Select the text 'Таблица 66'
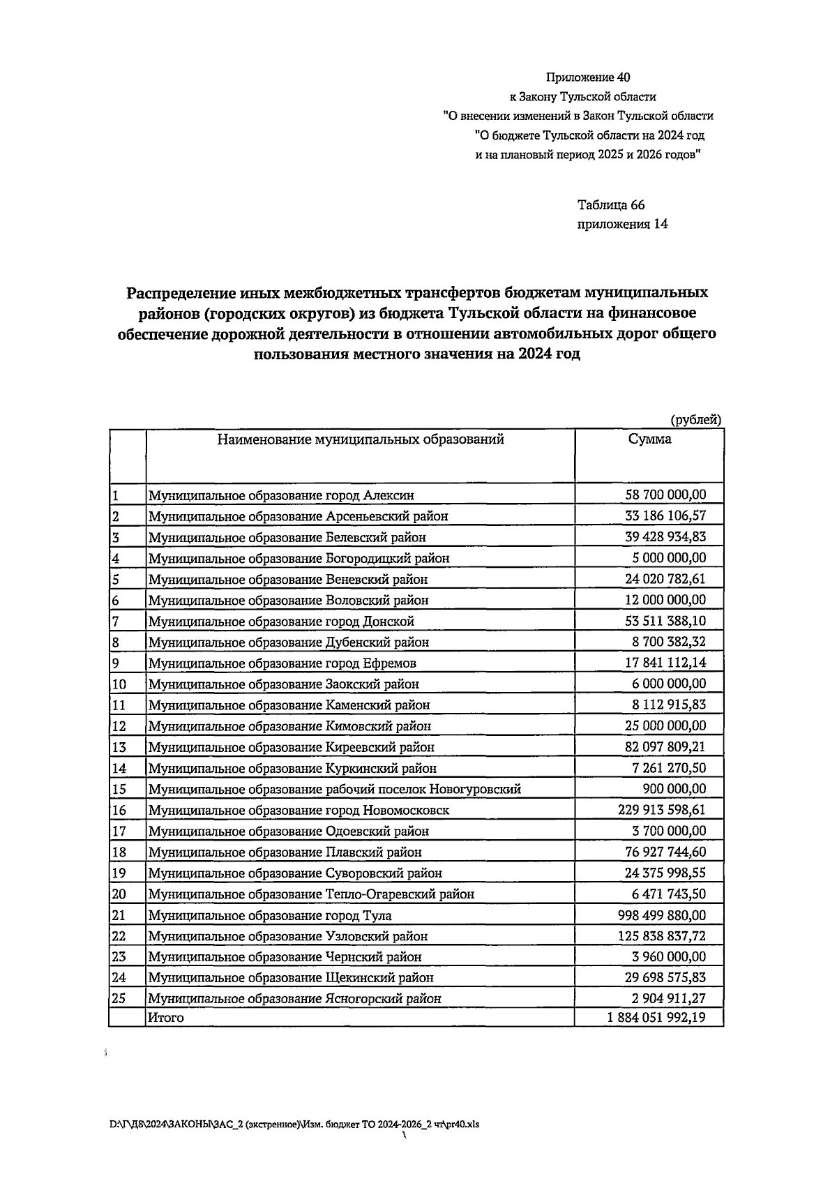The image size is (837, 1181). point(610,205)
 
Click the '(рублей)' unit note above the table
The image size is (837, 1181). point(695,419)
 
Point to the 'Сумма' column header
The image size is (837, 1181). point(649,439)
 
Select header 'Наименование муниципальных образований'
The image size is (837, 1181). point(360,439)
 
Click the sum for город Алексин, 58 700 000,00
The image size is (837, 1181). point(665,495)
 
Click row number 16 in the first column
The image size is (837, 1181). point(119,810)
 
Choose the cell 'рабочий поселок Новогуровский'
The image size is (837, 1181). point(334,789)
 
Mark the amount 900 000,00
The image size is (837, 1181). point(673,789)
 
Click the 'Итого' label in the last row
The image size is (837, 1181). point(165,1018)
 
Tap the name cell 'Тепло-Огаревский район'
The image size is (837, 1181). point(311,894)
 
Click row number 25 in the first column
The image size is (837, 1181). point(119,998)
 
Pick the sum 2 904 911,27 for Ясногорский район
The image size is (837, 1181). point(668,998)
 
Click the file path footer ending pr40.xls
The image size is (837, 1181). point(294,1124)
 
